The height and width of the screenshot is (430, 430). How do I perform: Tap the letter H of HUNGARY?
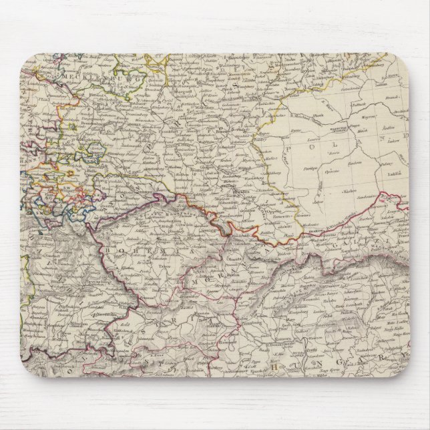tap(276, 367)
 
